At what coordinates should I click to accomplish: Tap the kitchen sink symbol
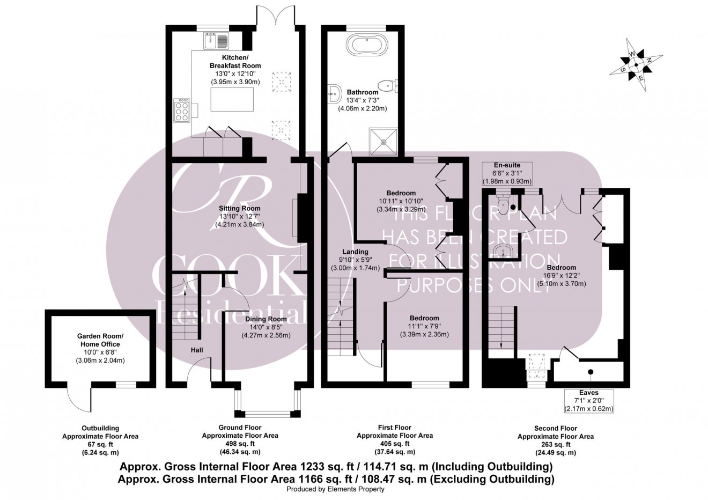(216, 40)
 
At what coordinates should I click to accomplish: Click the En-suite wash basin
(503, 251)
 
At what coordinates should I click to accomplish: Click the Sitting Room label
(240, 208)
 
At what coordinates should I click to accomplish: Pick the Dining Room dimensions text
(267, 336)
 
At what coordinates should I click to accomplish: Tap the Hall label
(196, 350)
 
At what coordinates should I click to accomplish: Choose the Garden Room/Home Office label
(99, 341)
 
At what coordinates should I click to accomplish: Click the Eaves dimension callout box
(588, 401)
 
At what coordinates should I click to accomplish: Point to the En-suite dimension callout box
(507, 173)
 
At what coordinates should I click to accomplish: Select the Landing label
(356, 252)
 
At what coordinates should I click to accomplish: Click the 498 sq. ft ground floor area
(240, 444)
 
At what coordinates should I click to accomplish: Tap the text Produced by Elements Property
(335, 489)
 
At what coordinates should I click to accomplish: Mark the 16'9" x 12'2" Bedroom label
(562, 267)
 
